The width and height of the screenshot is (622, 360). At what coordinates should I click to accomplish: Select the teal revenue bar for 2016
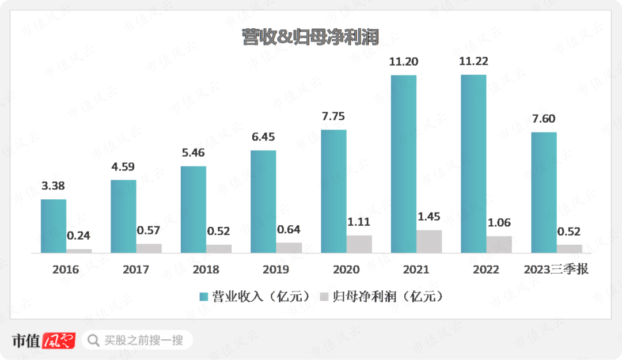pos(54,226)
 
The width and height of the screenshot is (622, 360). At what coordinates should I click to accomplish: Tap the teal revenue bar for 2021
pos(404,164)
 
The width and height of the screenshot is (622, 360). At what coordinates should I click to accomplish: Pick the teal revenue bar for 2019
pos(263,201)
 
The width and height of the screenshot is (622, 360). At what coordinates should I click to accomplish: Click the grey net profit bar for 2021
pos(429,241)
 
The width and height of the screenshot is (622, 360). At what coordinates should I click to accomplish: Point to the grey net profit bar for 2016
pos(79,251)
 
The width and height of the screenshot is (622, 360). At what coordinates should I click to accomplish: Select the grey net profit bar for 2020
pos(359,244)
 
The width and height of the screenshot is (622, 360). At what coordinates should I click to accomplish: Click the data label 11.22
pos(473,62)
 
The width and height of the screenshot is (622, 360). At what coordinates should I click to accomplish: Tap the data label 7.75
pos(333,117)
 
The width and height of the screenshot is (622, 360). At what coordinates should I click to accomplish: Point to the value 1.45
pos(429,217)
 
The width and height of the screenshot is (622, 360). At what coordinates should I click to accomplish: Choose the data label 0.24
pos(78,236)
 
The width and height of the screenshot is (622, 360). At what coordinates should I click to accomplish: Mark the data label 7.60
pos(544,119)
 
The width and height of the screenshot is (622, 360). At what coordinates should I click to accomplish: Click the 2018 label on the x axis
pos(206,270)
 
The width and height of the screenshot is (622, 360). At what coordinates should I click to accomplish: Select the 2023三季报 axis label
pos(556,269)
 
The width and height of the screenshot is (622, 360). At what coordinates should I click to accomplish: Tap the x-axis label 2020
pos(346,270)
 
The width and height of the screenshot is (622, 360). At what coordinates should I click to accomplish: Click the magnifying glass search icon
pos(93,340)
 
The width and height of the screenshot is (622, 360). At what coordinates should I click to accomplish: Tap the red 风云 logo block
pos(59,340)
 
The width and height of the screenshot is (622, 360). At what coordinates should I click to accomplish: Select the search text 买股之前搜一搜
pos(143,340)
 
